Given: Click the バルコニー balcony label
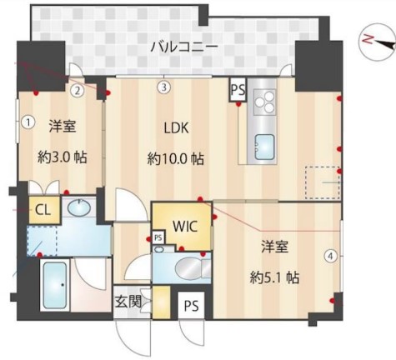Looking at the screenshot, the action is pyautogui.click(x=184, y=47).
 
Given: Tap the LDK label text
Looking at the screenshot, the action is pyautogui.click(x=176, y=128).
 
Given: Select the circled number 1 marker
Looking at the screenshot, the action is pyautogui.click(x=28, y=122).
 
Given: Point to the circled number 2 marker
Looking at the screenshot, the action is pyautogui.click(x=78, y=90).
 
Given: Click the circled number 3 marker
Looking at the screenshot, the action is pyautogui.click(x=164, y=87).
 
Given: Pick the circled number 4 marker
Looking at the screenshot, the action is pyautogui.click(x=330, y=256).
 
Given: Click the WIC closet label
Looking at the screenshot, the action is pyautogui.click(x=185, y=226).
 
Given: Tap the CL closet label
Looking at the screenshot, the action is pyautogui.click(x=43, y=210).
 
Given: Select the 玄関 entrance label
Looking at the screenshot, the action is pyautogui.click(x=128, y=302).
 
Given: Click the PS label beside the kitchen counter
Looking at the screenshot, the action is pyautogui.click(x=238, y=90).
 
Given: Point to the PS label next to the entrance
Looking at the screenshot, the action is pyautogui.click(x=192, y=306).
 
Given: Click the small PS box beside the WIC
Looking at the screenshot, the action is pyautogui.click(x=158, y=237).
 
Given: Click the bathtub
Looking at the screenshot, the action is pyautogui.click(x=55, y=285).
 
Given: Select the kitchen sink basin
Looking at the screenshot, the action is pyautogui.click(x=264, y=147).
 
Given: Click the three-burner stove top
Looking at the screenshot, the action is pyautogui.click(x=264, y=102).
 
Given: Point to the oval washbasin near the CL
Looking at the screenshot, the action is pyautogui.click(x=79, y=207).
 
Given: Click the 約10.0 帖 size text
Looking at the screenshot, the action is pyautogui.click(x=175, y=159).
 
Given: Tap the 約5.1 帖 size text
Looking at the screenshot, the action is pyautogui.click(x=274, y=277).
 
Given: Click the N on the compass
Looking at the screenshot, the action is pyautogui.click(x=368, y=39).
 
